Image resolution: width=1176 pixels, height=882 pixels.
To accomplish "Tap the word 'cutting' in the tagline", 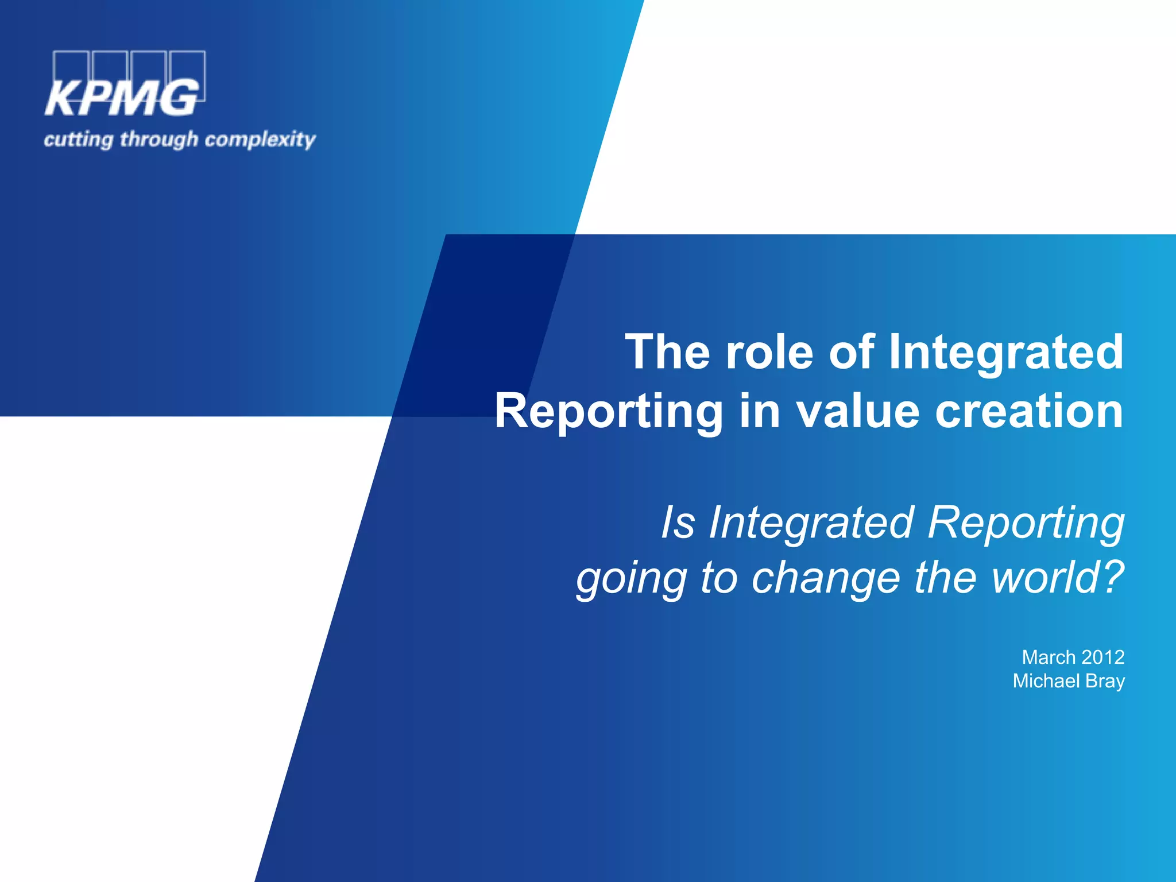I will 79,140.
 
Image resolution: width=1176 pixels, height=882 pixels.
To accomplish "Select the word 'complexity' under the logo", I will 260,140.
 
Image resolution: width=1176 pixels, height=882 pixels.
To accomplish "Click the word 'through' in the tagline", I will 159,140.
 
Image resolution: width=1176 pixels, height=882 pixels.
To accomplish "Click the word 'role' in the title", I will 769,351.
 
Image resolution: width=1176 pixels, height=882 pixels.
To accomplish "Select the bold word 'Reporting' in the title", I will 609,411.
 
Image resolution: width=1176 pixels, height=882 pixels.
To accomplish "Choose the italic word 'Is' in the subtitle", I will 678,523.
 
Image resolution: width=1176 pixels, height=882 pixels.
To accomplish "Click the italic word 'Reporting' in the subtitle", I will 1026,523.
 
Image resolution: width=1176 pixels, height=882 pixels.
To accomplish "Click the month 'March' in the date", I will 1049,657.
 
